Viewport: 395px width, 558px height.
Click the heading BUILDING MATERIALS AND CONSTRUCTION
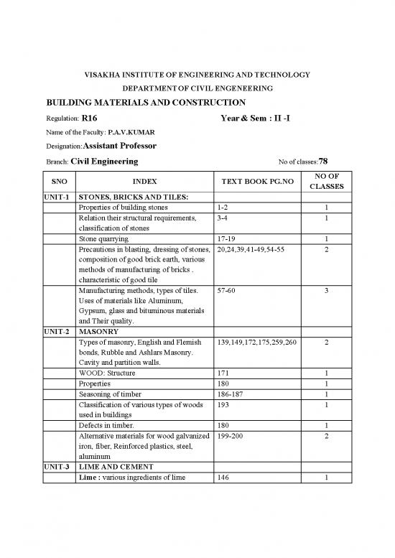pos(146,103)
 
